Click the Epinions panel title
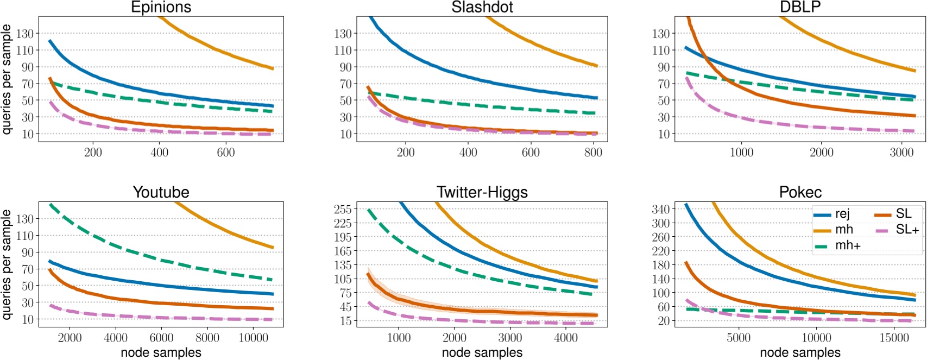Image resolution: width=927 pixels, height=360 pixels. [161, 7]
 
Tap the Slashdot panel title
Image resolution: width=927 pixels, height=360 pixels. [482, 7]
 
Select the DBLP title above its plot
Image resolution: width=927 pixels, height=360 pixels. [800, 7]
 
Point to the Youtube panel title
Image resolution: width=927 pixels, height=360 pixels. [161, 192]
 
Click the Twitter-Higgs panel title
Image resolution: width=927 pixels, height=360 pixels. [482, 192]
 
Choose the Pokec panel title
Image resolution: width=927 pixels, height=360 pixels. [800, 192]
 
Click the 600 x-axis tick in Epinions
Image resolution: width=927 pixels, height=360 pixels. [226, 153]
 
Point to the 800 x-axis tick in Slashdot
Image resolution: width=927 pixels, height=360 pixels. [593, 153]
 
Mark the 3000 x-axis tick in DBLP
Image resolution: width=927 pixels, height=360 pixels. [901, 153]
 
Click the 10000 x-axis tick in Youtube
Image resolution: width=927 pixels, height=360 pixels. [254, 338]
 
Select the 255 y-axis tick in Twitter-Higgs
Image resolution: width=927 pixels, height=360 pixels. [343, 209]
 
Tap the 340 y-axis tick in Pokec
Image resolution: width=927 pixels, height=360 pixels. [660, 209]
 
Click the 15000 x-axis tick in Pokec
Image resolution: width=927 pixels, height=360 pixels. [894, 338]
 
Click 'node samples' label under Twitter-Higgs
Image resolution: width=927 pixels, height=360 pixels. [482, 352]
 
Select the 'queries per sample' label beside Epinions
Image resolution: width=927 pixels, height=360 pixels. [7, 79]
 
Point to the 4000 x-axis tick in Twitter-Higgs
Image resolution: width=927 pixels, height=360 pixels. [565, 338]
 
